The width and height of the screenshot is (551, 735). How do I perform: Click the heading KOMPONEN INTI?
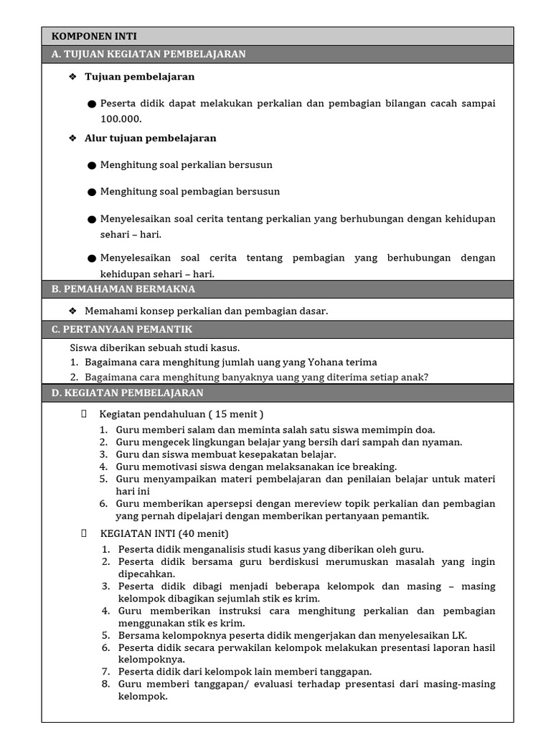click(x=94, y=36)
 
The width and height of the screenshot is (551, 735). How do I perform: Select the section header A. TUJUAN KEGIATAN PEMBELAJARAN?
click(x=149, y=54)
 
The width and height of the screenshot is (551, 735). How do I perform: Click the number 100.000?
click(x=121, y=119)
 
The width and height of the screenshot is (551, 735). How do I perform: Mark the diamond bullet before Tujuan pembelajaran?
click(x=72, y=77)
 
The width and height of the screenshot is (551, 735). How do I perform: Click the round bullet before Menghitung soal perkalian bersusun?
click(x=92, y=165)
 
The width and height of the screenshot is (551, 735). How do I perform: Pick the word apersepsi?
click(x=218, y=504)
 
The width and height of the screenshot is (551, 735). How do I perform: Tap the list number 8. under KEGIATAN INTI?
click(x=105, y=684)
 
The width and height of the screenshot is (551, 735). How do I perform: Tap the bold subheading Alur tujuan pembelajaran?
click(x=150, y=138)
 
